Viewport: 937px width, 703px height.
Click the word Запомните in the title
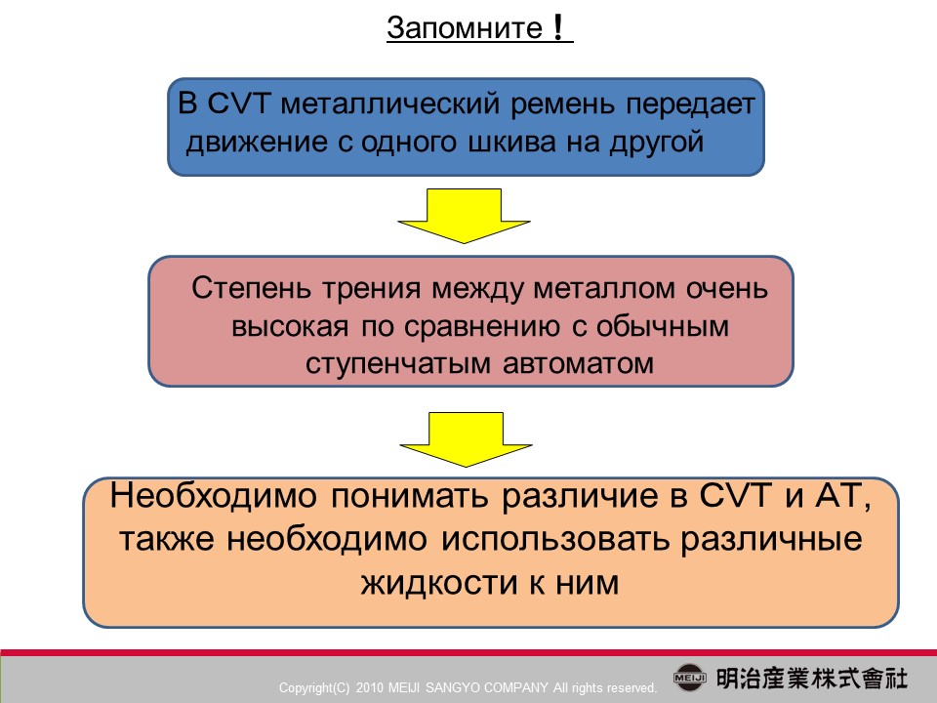[x=465, y=28]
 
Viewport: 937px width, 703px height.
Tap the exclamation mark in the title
[x=558, y=27]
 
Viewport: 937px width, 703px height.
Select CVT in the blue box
[x=239, y=103]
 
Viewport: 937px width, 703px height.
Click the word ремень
[x=562, y=104]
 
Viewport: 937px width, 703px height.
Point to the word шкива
[x=511, y=142]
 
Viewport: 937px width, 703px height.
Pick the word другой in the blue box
[x=656, y=143]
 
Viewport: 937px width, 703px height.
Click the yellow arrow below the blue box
[x=464, y=216]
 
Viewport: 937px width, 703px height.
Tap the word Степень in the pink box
[x=251, y=288]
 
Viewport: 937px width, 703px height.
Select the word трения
[x=372, y=289]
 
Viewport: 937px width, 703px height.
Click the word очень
[x=726, y=289]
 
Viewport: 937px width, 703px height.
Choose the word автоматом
[x=579, y=363]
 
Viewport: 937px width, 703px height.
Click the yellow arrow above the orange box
[x=466, y=439]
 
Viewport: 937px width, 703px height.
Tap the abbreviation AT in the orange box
[x=842, y=496]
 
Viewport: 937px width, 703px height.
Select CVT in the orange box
[x=735, y=495]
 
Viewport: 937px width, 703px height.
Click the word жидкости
[x=438, y=583]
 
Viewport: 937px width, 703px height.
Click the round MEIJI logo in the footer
[x=690, y=678]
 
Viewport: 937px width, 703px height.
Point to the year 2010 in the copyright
[x=369, y=687]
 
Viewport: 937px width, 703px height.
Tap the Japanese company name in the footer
[x=811, y=679]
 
